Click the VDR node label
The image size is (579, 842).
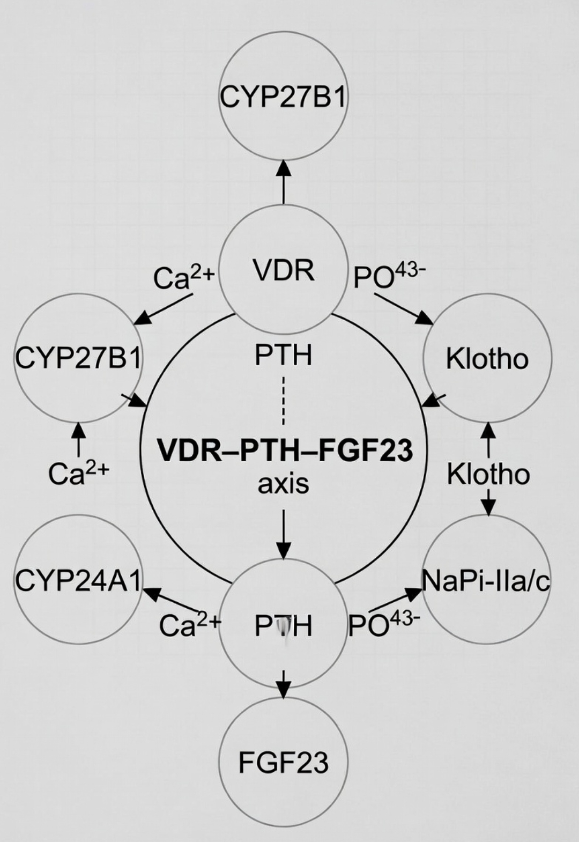pyautogui.click(x=284, y=271)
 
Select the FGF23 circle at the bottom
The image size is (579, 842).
pyautogui.click(x=284, y=762)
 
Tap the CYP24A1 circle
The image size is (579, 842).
pyautogui.click(x=78, y=580)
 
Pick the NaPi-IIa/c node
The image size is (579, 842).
pyautogui.click(x=487, y=580)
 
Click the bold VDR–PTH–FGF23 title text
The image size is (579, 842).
pyautogui.click(x=285, y=450)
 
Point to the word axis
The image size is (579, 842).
pyautogui.click(x=284, y=484)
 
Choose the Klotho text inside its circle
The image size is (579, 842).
pyautogui.click(x=487, y=358)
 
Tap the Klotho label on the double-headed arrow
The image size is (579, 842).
pyautogui.click(x=488, y=475)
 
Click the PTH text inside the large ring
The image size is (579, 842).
pyautogui.click(x=284, y=355)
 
